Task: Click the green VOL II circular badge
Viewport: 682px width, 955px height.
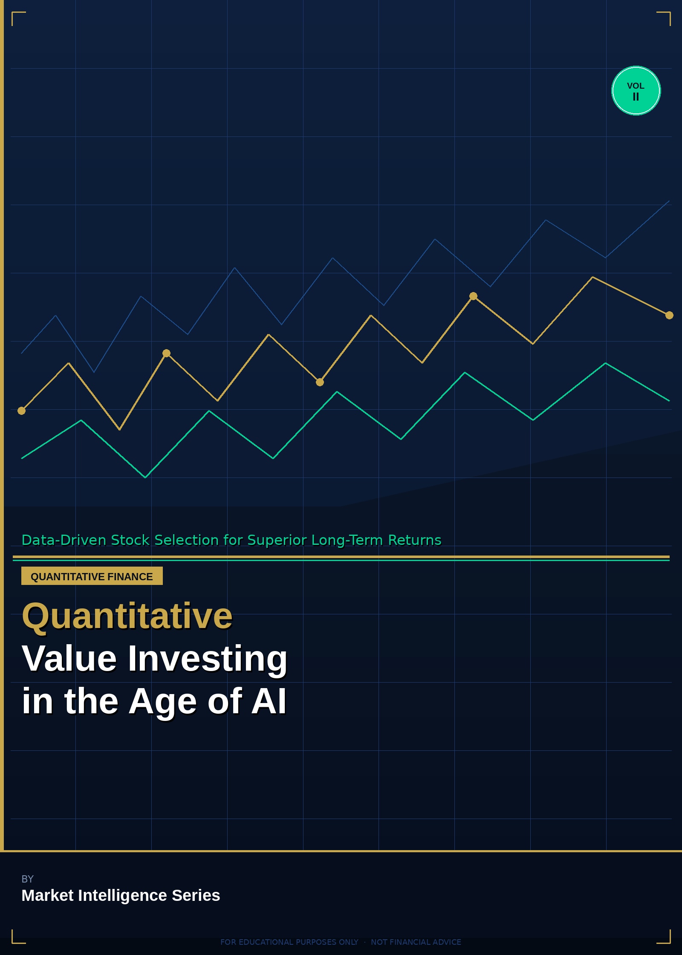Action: tap(636, 91)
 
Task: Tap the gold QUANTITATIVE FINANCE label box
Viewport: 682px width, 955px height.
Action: tap(92, 576)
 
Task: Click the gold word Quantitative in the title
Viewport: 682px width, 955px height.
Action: tap(127, 616)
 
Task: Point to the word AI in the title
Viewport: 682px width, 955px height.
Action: tap(269, 701)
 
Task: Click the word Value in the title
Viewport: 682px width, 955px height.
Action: tap(69, 659)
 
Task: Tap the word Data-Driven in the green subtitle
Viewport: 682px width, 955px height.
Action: tap(64, 540)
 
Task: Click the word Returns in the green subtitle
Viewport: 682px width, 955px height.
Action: tap(414, 540)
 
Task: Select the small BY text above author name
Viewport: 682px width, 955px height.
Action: tap(27, 879)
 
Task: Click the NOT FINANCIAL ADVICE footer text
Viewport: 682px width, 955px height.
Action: tap(416, 942)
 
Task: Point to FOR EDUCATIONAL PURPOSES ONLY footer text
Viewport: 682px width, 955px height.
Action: tap(289, 942)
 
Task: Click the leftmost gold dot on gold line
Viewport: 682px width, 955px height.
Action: tap(21, 411)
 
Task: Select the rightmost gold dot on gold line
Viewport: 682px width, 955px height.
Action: tap(669, 315)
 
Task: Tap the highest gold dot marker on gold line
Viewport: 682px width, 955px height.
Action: tap(473, 296)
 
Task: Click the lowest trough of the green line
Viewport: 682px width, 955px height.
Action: tap(145, 477)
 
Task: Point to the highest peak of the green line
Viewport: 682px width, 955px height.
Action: tap(605, 363)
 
